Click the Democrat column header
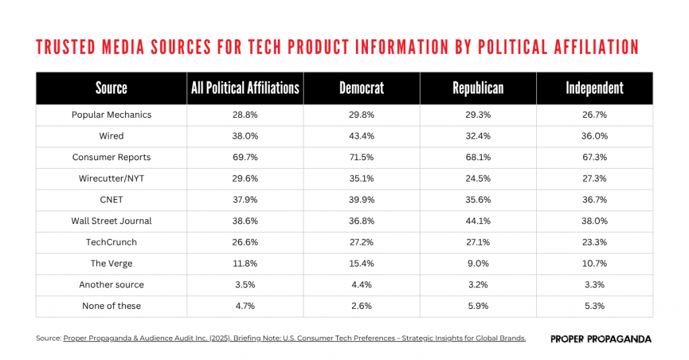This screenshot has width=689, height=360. (361, 88)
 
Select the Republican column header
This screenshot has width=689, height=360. (478, 88)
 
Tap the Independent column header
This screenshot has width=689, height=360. (594, 88)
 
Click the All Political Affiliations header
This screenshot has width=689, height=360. (245, 88)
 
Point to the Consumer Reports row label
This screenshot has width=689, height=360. (111, 157)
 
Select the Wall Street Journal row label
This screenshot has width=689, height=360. (111, 221)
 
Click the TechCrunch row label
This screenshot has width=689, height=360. (111, 242)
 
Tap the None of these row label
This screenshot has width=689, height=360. (111, 306)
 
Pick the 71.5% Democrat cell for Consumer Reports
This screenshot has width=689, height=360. (361, 157)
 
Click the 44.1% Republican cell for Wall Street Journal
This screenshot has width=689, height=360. (478, 221)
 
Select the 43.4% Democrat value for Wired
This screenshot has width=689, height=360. (361, 136)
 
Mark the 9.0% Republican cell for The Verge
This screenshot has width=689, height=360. (478, 264)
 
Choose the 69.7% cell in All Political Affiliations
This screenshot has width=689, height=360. (245, 157)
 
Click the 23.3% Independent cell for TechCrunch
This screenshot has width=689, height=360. (594, 242)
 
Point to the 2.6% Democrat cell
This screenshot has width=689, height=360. (361, 306)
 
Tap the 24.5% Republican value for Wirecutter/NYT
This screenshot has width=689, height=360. (478, 178)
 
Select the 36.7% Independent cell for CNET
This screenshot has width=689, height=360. (594, 200)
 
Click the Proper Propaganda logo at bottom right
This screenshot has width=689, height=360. (600, 339)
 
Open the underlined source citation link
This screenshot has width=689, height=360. (294, 338)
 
